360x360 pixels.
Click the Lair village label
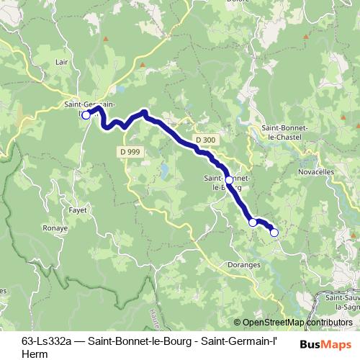tap(61, 62)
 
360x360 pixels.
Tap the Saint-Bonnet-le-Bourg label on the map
tap(228, 182)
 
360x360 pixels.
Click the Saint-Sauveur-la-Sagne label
tap(343, 302)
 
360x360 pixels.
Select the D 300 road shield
tap(204, 138)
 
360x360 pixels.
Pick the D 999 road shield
tap(130, 150)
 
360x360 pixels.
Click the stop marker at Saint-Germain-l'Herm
tap(85, 114)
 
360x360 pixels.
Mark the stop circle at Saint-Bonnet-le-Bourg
tap(229, 180)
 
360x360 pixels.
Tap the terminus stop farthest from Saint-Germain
tap(274, 232)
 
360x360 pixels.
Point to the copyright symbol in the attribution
tap(238, 323)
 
